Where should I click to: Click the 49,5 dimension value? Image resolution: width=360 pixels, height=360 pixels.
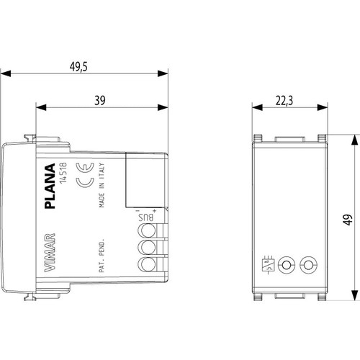tap(78, 67)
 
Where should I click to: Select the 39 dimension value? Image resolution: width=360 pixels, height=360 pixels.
tap(100, 100)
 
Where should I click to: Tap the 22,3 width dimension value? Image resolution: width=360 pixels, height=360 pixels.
tap(284, 101)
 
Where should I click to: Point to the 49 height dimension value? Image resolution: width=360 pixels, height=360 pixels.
tap(348, 220)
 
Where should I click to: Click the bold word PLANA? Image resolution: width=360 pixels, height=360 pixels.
tap(50, 186)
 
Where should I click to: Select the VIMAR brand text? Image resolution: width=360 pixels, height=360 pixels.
tap(50, 253)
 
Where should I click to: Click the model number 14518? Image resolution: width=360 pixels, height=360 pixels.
tap(63, 173)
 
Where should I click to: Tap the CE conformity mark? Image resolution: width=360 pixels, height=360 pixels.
tap(85, 175)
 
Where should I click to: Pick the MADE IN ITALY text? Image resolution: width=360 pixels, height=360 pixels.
tap(102, 185)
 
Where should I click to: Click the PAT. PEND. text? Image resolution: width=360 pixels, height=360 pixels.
tap(102, 256)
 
